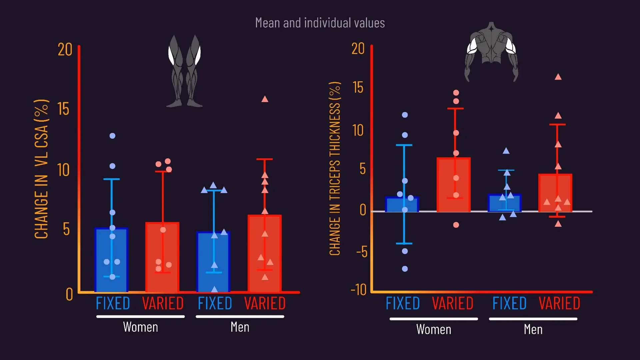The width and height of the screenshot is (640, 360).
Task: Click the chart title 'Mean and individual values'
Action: coord(320,23)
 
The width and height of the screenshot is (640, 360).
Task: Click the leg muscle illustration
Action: coord(184,71)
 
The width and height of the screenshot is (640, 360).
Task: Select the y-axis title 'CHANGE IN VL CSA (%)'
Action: coord(42,169)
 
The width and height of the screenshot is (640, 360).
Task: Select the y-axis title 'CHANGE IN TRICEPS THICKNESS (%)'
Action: coord(335,169)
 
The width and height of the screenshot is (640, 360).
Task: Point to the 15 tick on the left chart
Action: coord(63,109)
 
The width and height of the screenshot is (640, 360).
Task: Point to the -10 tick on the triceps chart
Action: coord(359,290)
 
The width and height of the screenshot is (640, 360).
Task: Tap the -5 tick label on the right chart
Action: coord(362,252)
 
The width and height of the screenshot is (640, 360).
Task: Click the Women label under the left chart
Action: coord(140,327)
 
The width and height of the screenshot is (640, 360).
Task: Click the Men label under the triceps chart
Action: coord(533,330)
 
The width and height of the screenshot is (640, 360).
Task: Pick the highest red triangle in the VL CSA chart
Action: coord(265,99)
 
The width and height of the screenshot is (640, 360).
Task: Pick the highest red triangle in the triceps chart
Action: coord(558,77)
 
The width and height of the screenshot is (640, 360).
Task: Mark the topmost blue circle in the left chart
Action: coord(112,136)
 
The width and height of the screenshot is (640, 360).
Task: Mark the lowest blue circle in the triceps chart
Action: coord(405,269)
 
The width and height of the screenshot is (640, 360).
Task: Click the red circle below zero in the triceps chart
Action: coord(456,225)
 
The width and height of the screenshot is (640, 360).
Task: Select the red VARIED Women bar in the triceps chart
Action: coord(454,185)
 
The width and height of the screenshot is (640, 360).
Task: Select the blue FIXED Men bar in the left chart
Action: coord(213,262)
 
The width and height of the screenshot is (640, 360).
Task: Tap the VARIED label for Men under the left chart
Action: coord(265,303)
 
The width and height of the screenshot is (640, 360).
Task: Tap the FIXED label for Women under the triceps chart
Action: coord(403,303)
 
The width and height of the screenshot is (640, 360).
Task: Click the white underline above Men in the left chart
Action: coord(240,317)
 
